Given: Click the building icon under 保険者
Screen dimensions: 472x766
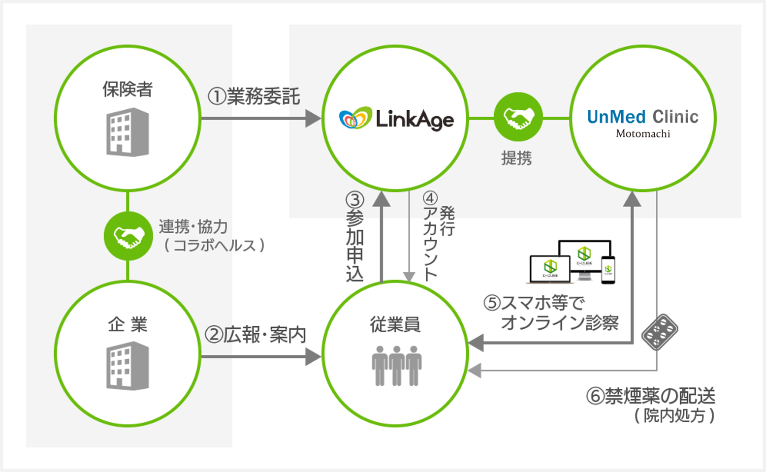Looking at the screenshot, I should coord(128,132).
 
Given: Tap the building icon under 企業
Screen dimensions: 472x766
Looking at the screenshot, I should coord(128,366).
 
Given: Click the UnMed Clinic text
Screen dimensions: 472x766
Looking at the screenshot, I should coord(642,117).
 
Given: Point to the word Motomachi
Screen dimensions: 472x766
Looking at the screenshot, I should coord(642,133).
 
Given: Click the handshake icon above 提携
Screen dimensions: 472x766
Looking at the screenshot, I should coord(518,117).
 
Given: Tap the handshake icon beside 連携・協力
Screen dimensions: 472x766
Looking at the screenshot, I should coord(128,236).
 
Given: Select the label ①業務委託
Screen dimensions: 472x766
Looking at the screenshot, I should coord(254,96).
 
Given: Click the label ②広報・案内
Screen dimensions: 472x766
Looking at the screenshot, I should coord(255,335).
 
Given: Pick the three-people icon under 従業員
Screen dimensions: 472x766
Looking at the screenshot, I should coord(396,365).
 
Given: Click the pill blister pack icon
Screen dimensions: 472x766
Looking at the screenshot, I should coord(660,332).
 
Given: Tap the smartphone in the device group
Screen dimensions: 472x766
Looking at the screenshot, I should coord(608,270).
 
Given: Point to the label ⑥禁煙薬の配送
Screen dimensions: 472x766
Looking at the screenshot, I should coord(650,396).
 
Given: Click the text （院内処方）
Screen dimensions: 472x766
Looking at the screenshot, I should coord(674,416).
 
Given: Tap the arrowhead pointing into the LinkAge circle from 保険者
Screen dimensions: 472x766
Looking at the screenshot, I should coord(313,118).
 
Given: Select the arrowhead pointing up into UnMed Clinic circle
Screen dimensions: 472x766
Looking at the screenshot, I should coord(632,199).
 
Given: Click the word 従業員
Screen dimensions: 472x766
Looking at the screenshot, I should coord(395,325).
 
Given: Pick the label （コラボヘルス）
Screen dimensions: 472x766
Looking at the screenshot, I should coord(214,245).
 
